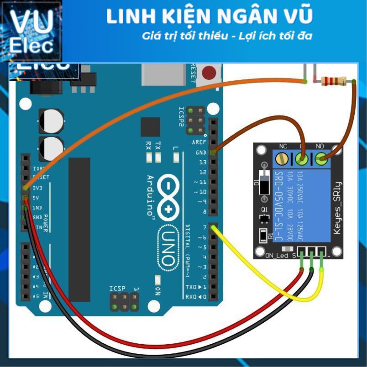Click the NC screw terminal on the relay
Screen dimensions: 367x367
(283, 159)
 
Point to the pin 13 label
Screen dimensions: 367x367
(202, 163)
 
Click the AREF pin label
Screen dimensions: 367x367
(199, 142)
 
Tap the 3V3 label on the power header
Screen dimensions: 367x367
(38, 188)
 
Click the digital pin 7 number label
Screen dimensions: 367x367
(204, 227)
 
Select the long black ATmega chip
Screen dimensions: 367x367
(79, 224)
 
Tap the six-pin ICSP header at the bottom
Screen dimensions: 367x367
(124, 301)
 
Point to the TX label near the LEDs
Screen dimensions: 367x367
(158, 146)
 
